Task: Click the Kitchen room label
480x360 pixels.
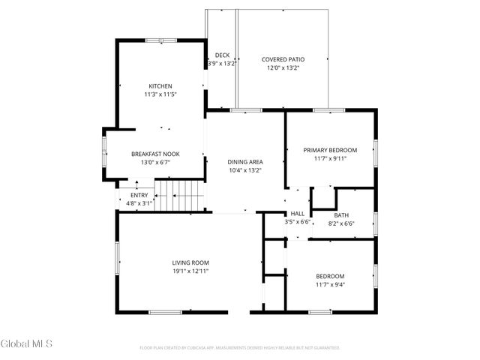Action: point(160,86)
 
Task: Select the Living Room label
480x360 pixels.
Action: point(190,262)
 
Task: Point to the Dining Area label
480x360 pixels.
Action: point(245,161)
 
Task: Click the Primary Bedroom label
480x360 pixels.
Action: point(330,150)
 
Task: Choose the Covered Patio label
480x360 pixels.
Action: point(283,59)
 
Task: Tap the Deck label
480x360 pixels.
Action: point(222,55)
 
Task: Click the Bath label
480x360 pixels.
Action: point(341,215)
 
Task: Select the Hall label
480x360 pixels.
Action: point(298,214)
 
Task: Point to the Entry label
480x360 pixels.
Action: point(139,195)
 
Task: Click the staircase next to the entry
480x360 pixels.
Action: point(180,196)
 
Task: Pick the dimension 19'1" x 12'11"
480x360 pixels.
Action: point(190,271)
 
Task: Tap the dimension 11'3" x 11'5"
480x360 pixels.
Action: point(160,94)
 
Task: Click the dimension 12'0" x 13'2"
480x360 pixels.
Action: point(283,67)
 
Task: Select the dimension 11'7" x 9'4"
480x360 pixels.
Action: point(330,284)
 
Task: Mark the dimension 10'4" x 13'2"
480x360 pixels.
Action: point(245,169)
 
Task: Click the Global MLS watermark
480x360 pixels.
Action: point(27,344)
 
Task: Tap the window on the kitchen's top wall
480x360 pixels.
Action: point(160,40)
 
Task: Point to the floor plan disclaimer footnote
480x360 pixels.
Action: point(240,348)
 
